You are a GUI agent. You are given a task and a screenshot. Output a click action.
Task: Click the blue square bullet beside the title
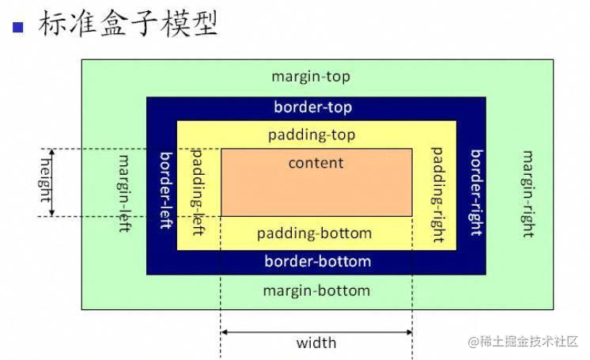point(18,28)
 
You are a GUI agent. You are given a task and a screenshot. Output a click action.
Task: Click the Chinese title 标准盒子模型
point(128,24)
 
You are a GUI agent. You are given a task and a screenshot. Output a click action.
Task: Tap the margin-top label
point(311,77)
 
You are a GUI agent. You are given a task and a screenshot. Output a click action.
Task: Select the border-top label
point(313,108)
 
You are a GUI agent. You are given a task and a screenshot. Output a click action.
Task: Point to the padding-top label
point(312,135)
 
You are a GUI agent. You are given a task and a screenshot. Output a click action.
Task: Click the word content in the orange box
point(316,163)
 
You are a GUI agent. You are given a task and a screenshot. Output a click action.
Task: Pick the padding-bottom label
point(315,233)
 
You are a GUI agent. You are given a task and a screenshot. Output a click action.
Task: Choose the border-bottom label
point(318,261)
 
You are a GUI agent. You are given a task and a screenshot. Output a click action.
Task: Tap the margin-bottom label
point(316,290)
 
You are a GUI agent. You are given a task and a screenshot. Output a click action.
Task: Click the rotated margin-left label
point(124,193)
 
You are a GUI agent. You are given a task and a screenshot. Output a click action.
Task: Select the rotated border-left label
point(166,190)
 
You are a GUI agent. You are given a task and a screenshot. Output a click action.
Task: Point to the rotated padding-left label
point(198,192)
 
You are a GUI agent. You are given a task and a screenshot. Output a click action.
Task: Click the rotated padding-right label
point(437,195)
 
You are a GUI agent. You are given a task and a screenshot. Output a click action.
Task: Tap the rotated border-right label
point(477,192)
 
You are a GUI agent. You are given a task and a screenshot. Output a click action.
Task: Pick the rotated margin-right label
point(528,194)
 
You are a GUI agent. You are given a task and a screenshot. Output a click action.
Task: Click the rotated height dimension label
point(45,180)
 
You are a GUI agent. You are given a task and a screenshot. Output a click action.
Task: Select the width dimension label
point(316,343)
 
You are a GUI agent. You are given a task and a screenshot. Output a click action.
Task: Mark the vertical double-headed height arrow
point(52,183)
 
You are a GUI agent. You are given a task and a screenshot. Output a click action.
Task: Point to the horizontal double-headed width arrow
point(316,332)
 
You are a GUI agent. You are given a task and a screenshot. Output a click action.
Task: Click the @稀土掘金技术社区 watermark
point(523,341)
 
